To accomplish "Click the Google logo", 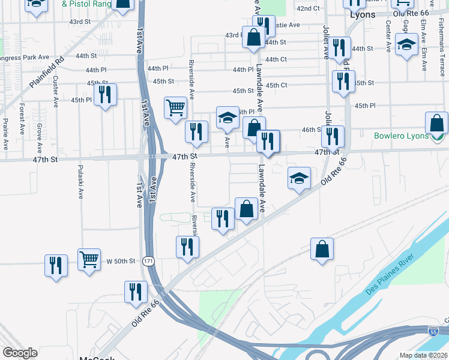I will (20, 353).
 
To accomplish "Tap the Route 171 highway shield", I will (148, 261).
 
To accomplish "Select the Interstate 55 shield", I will (433, 331).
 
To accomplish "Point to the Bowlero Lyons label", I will (401, 136).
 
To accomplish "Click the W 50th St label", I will (122, 261).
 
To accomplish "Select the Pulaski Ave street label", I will (80, 181).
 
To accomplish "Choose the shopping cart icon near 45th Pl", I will (175, 108).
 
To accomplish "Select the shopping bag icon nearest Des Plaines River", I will (322, 248).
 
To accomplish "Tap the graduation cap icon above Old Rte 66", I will (299, 178).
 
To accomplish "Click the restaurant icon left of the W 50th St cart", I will (56, 265).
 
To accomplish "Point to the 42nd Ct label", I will (307, 8).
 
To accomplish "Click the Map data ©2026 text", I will (423, 355).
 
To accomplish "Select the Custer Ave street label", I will (55, 92).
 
